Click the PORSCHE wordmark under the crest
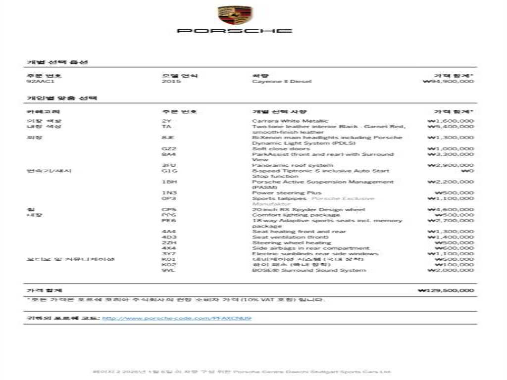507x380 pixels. coord(235,31)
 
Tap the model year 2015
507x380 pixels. coord(171,81)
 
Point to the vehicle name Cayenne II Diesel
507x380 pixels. coord(282,81)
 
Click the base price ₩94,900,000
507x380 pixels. coord(449,81)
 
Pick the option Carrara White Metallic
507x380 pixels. coord(290,121)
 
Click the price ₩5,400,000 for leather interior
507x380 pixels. coord(451,127)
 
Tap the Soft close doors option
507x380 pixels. coord(281,148)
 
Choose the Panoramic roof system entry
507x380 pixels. coord(292,165)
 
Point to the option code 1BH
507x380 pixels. coord(167,182)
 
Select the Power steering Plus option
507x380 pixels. coord(287,193)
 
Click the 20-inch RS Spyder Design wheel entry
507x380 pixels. coord(308,209)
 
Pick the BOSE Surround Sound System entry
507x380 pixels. coord(309,270)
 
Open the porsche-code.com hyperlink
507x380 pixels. coord(177,318)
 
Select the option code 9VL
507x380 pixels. coord(167,270)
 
